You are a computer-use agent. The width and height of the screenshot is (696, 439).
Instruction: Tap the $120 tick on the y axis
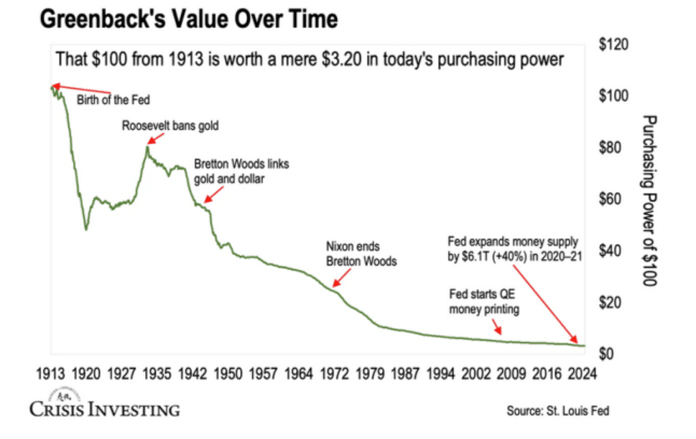pos(614,44)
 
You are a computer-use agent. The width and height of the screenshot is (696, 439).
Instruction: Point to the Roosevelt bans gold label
pos(170,126)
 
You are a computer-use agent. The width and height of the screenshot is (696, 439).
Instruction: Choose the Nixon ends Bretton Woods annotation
pos(361,255)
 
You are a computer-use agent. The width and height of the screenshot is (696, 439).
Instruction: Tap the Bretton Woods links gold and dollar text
pos(241,171)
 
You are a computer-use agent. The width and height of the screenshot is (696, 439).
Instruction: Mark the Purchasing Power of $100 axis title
pos(649,200)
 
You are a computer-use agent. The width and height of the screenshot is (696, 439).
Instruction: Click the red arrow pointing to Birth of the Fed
pos(81,90)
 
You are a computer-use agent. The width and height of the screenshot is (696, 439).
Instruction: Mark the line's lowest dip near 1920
pos(86,230)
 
